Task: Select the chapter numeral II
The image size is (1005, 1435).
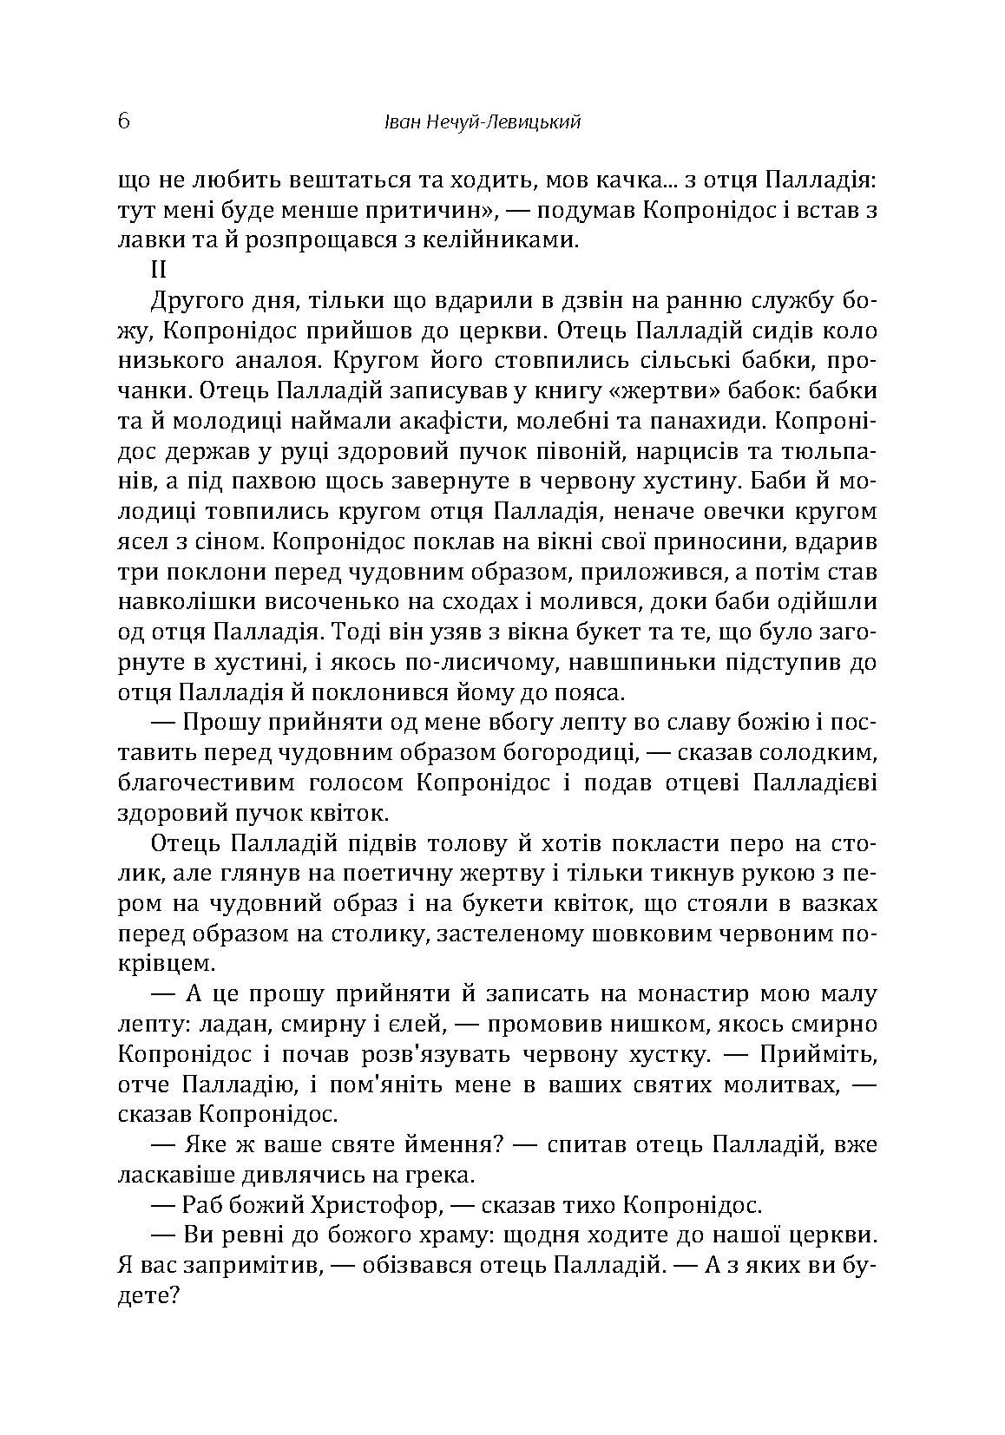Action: (160, 270)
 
